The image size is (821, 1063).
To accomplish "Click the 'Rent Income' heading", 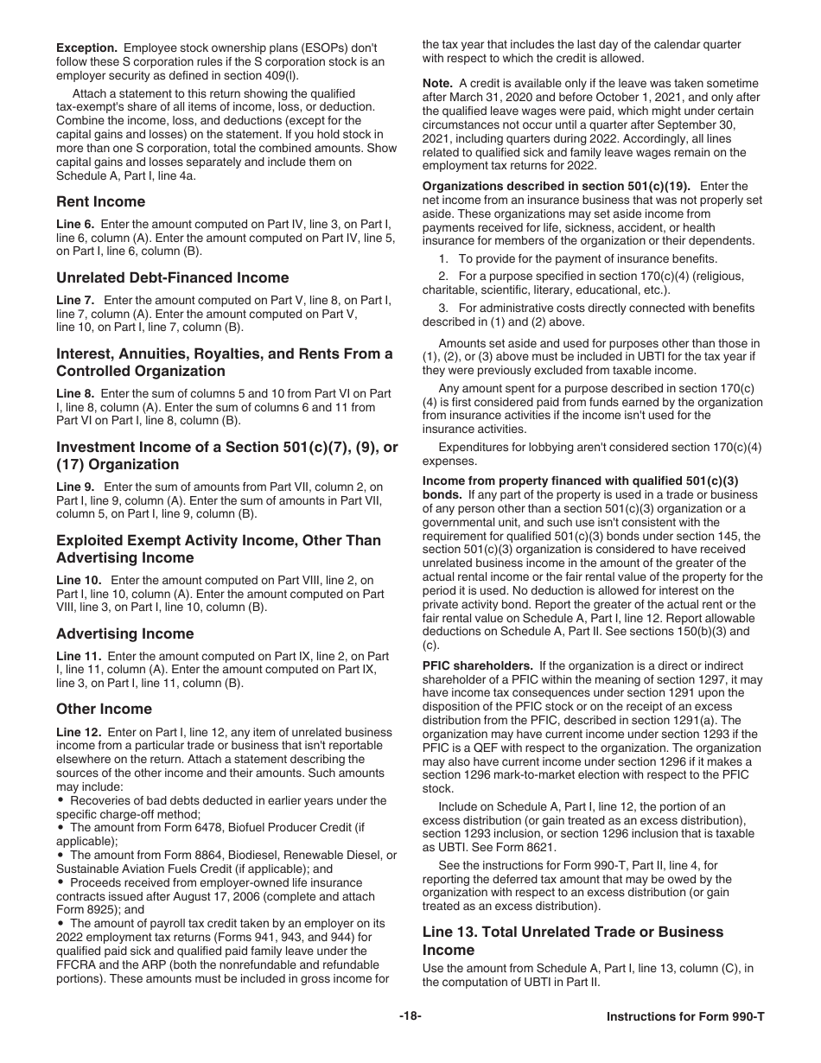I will coord(100,202).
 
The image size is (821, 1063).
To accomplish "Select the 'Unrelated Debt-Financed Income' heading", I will coord(172,277).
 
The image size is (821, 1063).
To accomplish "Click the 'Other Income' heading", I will coord(104,709).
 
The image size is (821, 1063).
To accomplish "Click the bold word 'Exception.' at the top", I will coord(86,48).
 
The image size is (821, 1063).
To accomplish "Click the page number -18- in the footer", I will coord(410,1016).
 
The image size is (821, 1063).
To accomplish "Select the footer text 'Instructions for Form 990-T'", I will coord(685,1016).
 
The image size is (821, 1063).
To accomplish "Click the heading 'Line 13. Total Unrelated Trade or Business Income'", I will coord(572,940).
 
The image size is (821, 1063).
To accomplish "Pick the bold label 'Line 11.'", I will coord(78,657).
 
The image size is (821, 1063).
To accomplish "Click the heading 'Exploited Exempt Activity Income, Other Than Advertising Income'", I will coord(218,549).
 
